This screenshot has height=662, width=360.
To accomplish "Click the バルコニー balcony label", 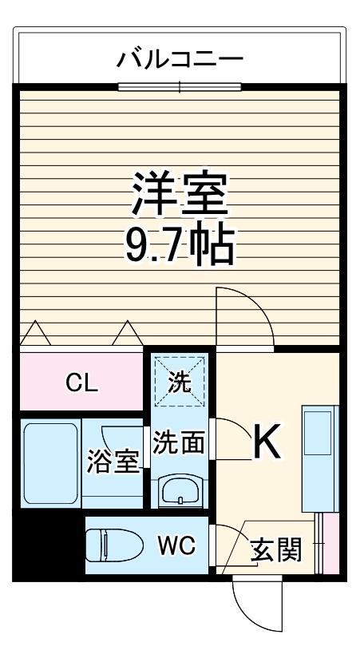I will coord(180,58).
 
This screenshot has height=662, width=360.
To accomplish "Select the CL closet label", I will coord(81,384).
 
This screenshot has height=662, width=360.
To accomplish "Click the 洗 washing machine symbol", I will coord(180,383).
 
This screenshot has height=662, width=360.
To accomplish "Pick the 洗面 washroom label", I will coord(179,442).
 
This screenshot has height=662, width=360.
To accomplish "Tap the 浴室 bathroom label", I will coord(113,462).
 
